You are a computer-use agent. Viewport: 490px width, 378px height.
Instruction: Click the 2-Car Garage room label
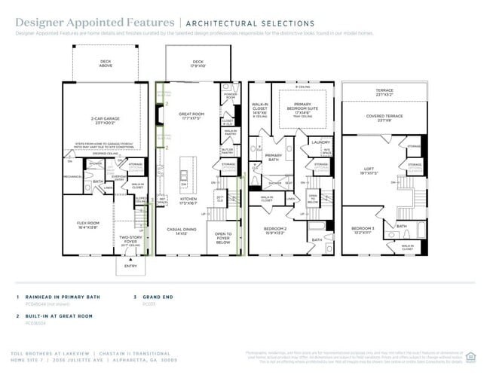click(106, 120)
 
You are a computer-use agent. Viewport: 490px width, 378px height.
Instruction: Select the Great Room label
click(191, 116)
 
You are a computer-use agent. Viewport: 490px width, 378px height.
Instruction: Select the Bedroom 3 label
click(363, 230)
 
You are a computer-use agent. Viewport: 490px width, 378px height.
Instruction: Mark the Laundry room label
click(320, 142)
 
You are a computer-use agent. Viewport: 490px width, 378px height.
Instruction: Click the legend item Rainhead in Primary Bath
click(61, 297)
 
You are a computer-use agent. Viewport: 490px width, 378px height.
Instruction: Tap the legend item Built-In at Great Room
click(60, 316)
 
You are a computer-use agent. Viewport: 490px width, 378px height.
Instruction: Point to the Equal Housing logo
click(471, 356)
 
